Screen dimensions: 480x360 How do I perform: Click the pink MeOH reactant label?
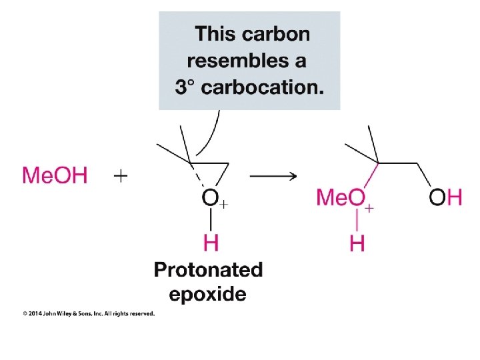pyautogui.click(x=55, y=176)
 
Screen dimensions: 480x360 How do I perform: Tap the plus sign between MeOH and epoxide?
pyautogui.click(x=121, y=176)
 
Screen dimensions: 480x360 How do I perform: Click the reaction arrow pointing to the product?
pyautogui.click(x=273, y=176)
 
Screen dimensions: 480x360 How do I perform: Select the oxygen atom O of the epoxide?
pyautogui.click(x=210, y=198)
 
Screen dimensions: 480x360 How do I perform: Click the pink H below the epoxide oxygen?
pyautogui.click(x=211, y=243)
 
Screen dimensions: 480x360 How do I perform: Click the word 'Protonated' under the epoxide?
pyautogui.click(x=208, y=270)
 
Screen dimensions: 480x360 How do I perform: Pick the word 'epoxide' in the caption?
pyautogui.click(x=207, y=293)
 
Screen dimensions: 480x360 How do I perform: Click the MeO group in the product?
pyautogui.click(x=341, y=198)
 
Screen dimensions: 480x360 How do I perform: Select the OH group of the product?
pyautogui.click(x=445, y=197)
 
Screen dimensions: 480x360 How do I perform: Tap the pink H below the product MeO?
pyautogui.click(x=357, y=243)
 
